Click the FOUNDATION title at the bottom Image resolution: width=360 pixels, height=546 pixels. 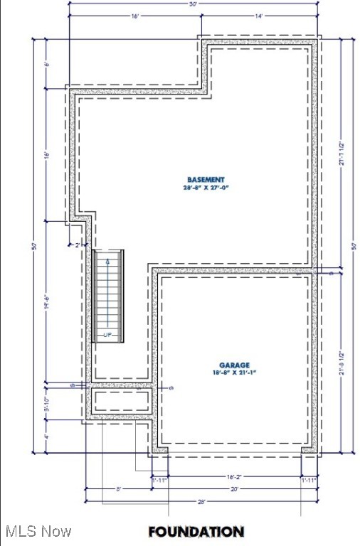coord(196,531)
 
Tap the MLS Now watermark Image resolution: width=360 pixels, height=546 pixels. coord(36,531)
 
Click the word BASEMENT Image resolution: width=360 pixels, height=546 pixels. coord(206,179)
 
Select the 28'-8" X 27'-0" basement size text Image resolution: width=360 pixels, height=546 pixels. coord(206,188)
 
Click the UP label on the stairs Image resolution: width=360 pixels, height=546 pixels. coord(108,334)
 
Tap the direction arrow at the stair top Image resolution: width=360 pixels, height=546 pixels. coord(107,262)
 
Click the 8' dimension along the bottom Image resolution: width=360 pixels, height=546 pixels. coord(118,489)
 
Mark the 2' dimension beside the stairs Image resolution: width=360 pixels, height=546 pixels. coord(79,245)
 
